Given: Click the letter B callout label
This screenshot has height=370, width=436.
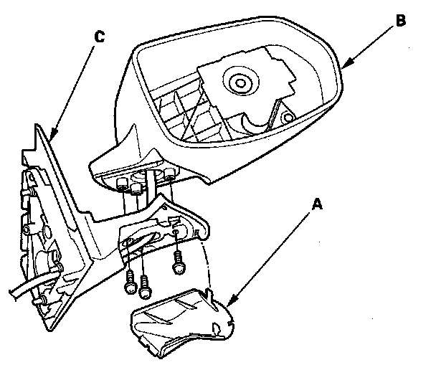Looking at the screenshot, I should (x=400, y=22).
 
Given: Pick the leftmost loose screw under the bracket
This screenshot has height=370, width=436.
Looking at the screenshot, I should (x=129, y=284).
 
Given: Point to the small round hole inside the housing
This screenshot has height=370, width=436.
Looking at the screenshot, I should (x=289, y=116).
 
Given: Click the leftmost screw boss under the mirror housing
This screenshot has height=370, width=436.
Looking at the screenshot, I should (x=118, y=183).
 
